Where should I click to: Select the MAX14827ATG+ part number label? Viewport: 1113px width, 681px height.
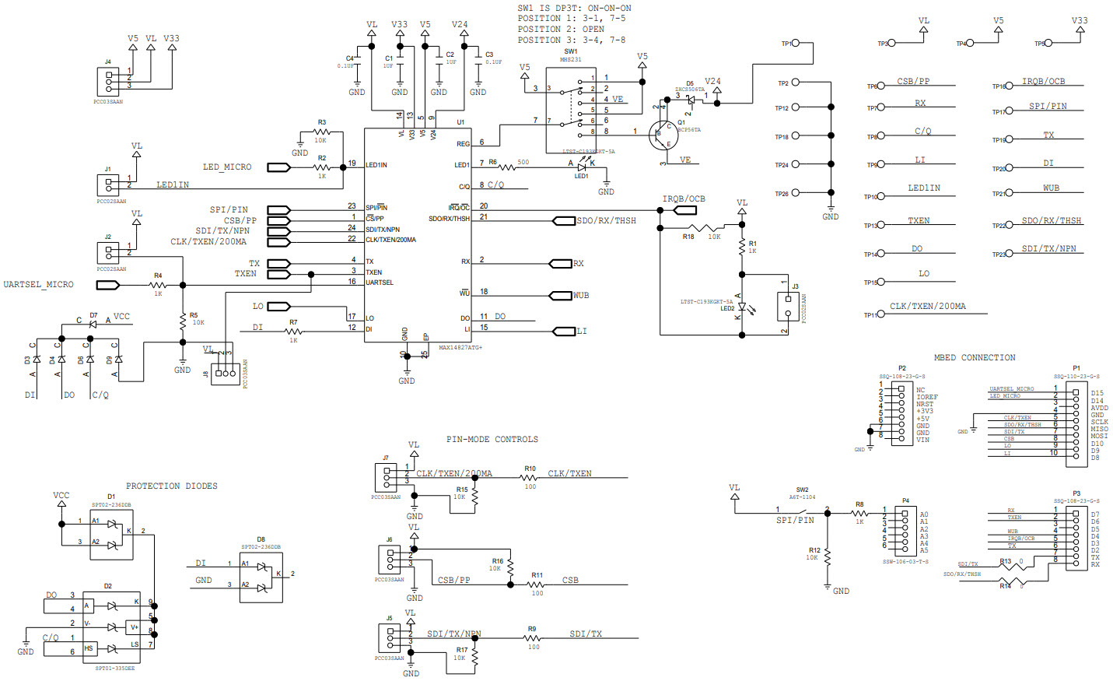click(460, 348)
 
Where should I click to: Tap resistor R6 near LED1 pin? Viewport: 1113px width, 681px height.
click(507, 167)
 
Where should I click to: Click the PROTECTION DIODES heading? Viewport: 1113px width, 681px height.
click(172, 486)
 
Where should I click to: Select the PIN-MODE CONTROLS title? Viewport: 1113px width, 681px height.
click(492, 440)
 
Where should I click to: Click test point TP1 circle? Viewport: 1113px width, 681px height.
click(795, 44)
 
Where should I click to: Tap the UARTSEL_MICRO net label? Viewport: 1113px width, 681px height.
click(39, 285)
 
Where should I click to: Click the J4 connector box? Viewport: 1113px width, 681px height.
click(108, 82)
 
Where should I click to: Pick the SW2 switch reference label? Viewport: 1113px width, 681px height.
click(802, 490)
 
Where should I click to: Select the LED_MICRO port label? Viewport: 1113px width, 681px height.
click(227, 167)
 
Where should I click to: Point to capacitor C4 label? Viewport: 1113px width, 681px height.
click(349, 58)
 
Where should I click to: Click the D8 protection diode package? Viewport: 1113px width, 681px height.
click(261, 577)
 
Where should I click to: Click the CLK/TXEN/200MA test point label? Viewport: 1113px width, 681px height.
click(928, 307)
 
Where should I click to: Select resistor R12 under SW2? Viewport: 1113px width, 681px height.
click(827, 557)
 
